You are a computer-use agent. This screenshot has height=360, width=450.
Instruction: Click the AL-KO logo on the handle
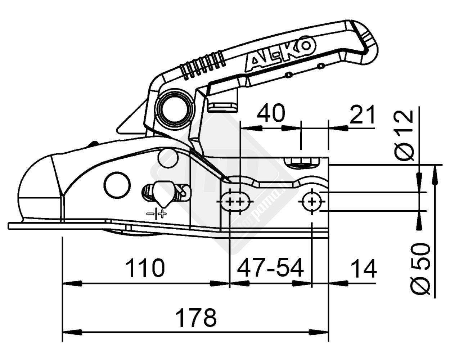coord(280,55)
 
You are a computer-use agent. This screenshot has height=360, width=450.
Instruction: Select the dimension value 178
coord(196,317)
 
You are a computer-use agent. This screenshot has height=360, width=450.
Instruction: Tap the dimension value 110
coord(145,268)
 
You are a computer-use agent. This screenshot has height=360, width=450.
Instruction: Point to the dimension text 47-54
coord(270,268)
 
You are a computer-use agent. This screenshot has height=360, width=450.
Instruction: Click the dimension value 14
coord(363,268)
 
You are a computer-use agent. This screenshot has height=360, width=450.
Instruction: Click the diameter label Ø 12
coord(403,135)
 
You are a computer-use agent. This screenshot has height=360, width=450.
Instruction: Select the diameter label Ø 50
coord(420,268)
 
